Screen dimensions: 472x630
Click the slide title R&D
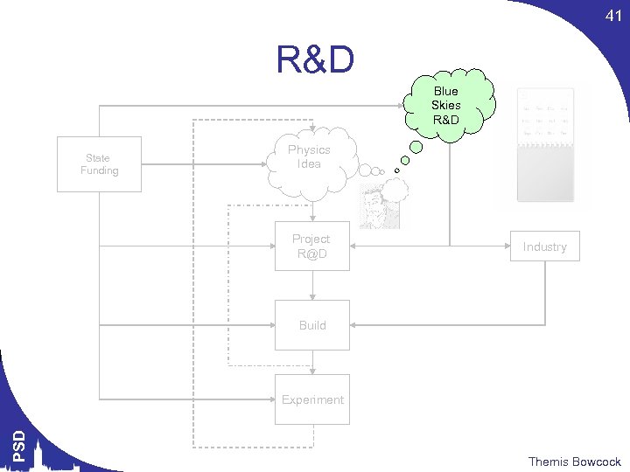pos(315,61)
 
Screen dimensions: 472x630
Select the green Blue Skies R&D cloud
pos(445,105)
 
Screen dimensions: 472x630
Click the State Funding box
pos(99,164)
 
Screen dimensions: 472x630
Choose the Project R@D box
pos(311,246)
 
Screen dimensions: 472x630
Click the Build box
pos(312,325)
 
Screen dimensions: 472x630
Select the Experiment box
pos(312,399)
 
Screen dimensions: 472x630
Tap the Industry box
pos(544,246)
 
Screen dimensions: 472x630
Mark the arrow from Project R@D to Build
pos(312,285)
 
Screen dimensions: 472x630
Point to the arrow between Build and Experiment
pos(312,362)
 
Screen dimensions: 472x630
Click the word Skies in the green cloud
pos(445,105)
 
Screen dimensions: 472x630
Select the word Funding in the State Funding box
pos(99,170)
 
